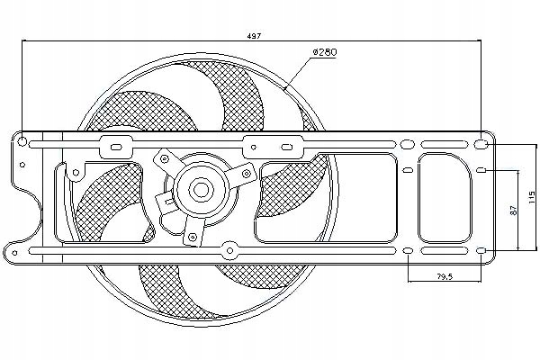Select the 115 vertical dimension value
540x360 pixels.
(x=531, y=196)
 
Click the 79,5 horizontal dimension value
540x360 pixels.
(x=445, y=275)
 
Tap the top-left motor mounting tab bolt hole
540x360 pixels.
(x=166, y=157)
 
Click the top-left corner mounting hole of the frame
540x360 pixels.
(x=33, y=143)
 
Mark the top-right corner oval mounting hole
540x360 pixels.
(x=481, y=144)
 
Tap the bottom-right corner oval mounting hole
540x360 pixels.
(x=481, y=250)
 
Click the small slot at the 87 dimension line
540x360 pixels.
(x=481, y=170)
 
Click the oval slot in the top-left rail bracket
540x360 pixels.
(x=114, y=144)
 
